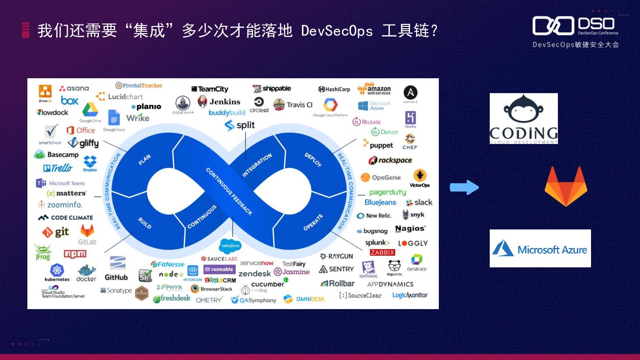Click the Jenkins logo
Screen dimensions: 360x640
(x=219, y=102)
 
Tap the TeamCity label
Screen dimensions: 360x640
(x=210, y=89)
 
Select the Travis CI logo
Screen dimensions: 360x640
(x=293, y=105)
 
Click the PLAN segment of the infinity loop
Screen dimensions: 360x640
(x=145, y=160)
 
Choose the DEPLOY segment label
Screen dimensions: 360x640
(x=313, y=160)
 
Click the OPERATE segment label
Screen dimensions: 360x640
(x=313, y=222)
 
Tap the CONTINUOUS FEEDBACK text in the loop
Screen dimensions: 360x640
(x=229, y=191)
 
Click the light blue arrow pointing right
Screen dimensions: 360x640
(x=464, y=187)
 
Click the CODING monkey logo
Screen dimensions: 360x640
(x=523, y=119)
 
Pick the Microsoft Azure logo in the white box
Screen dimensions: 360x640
(x=540, y=249)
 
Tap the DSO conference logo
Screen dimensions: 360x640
(x=575, y=26)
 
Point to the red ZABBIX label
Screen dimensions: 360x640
(x=382, y=252)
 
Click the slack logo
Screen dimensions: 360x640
(x=419, y=203)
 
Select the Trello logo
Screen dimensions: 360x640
(x=58, y=168)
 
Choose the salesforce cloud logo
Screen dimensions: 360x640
(x=230, y=247)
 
